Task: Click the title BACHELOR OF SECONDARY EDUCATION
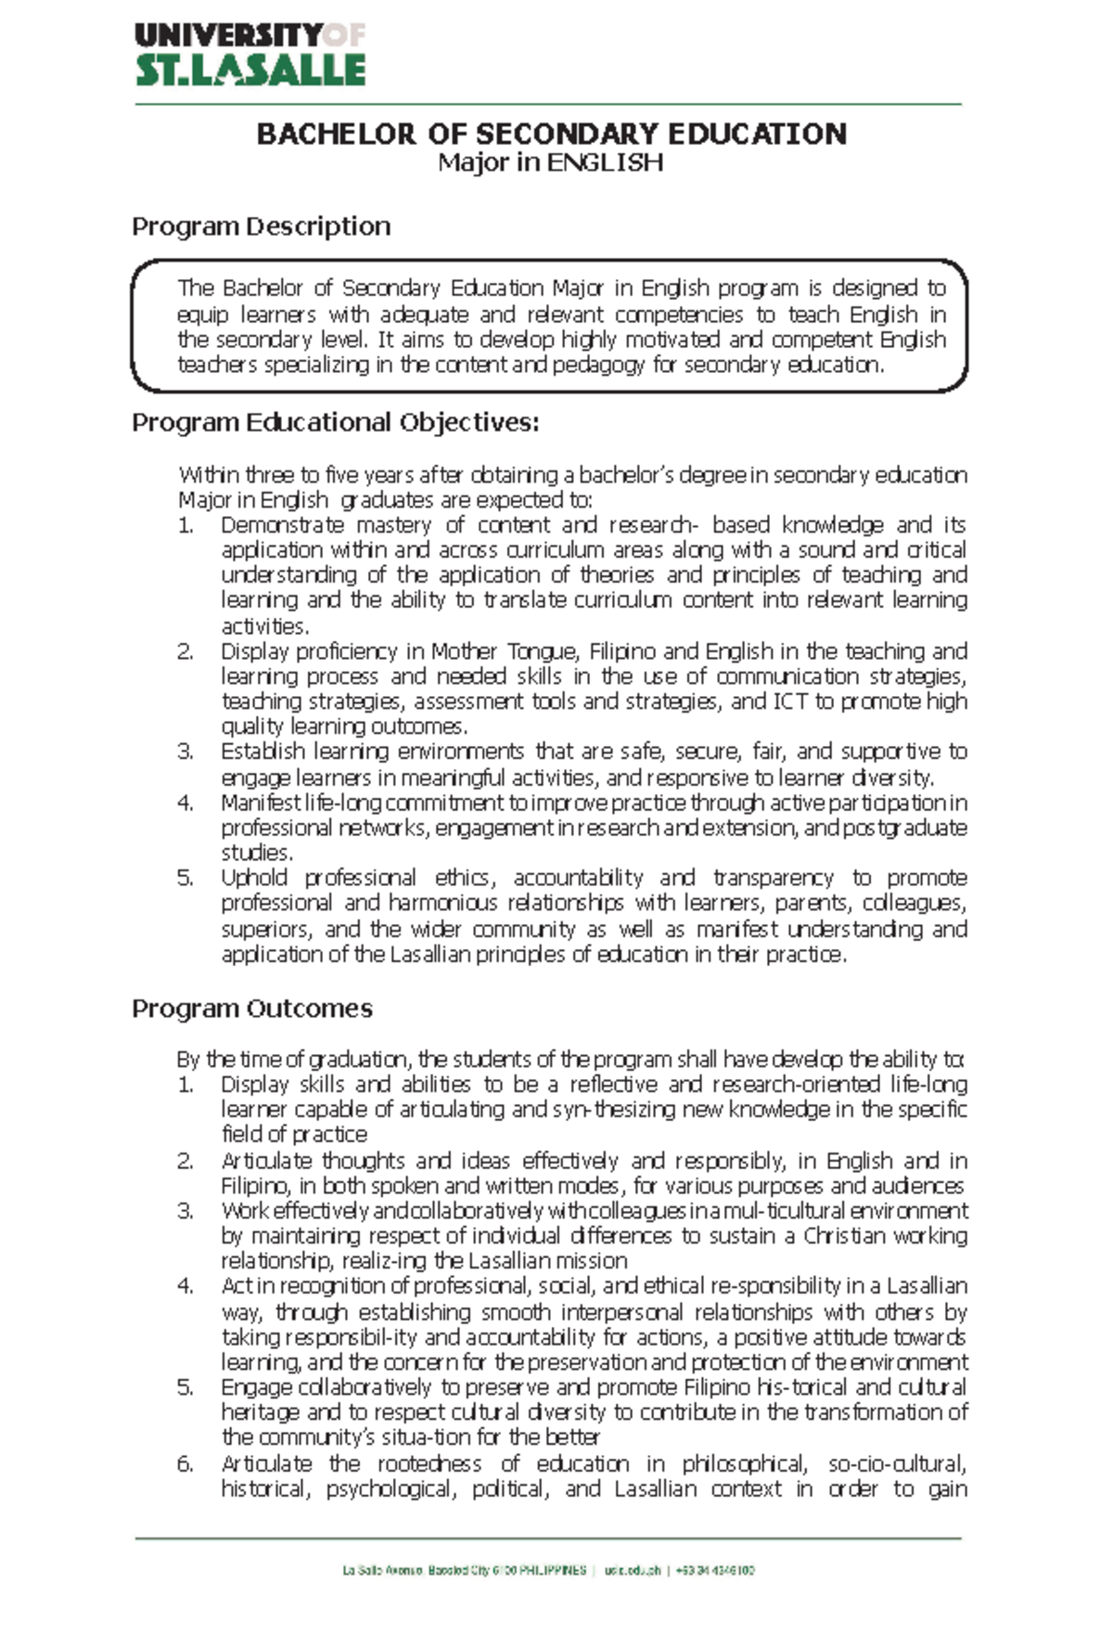coord(551,134)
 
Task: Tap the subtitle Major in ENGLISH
coord(551,163)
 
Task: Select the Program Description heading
coord(261,226)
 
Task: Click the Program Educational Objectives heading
coord(335,423)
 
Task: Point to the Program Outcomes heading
coord(251,1009)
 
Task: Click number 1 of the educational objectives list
coord(185,525)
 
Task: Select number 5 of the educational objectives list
coord(185,878)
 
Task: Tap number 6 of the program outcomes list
coord(185,1464)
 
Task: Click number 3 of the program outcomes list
coord(185,1211)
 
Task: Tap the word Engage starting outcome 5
coord(256,1387)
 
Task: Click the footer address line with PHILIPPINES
coord(548,1571)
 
